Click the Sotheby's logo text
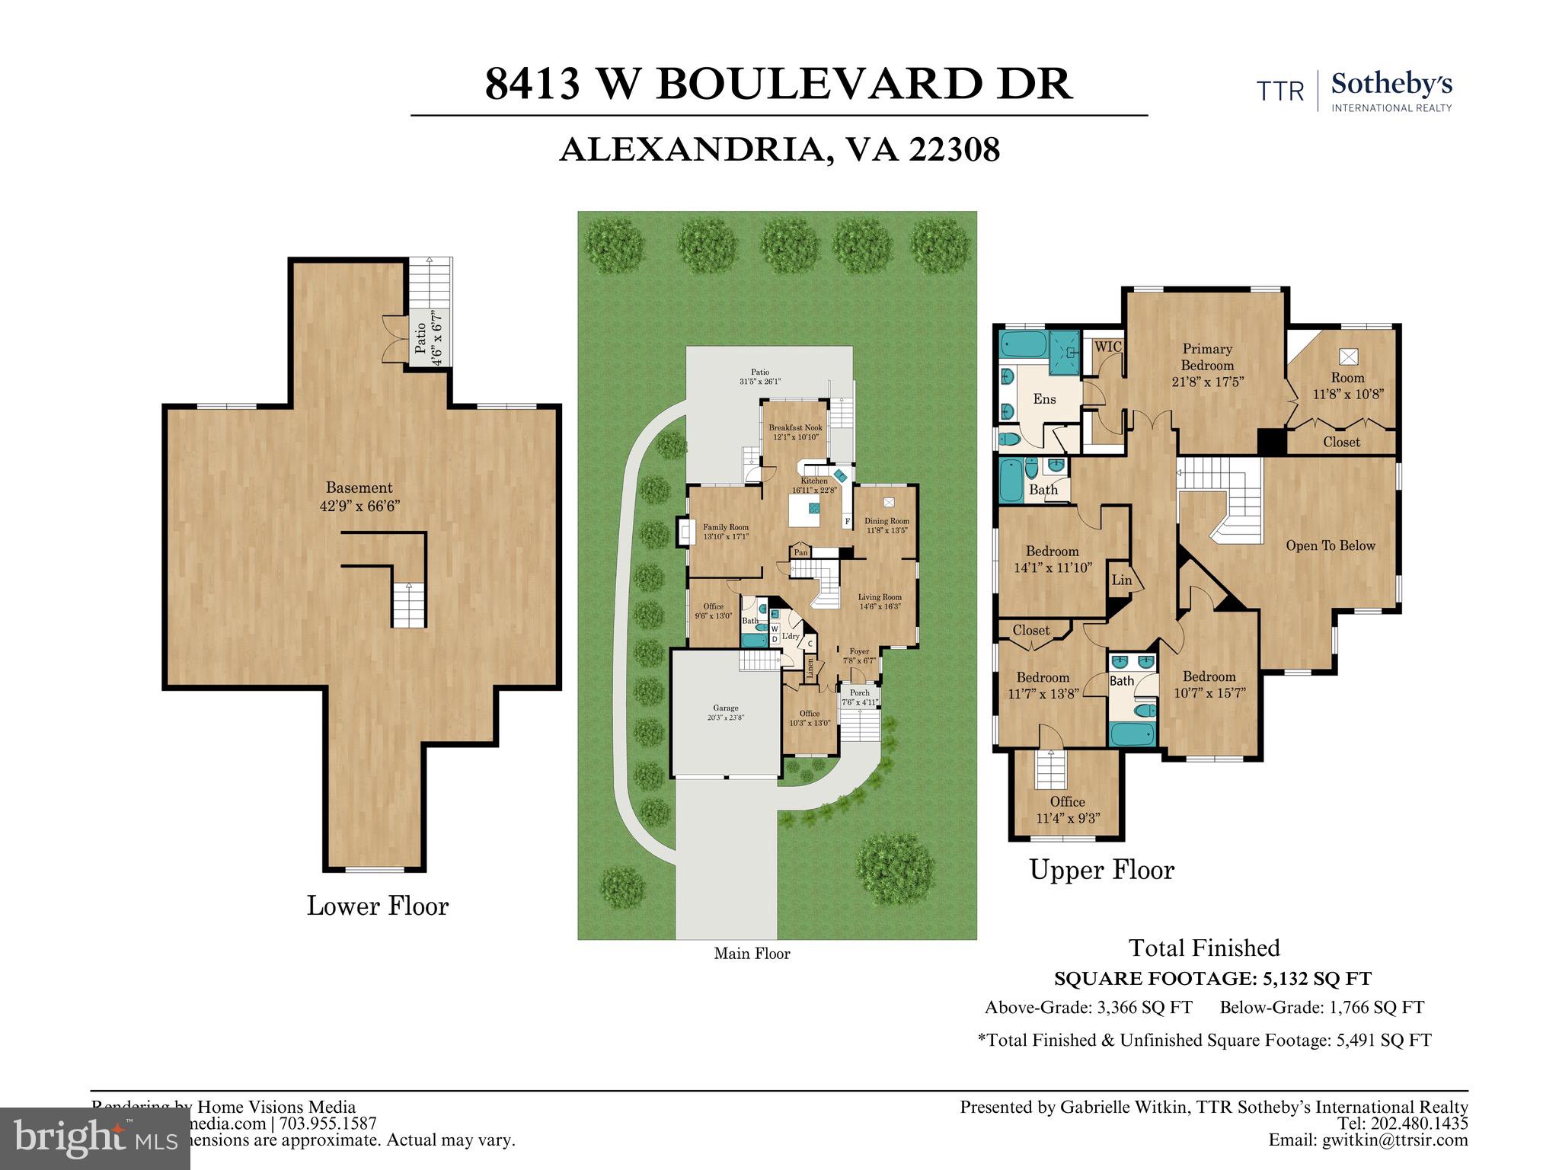[x=1391, y=85]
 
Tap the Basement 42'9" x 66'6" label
[x=359, y=497]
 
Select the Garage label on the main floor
[x=725, y=712]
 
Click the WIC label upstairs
[x=1108, y=347]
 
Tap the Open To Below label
[x=1330, y=545]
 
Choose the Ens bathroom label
[x=1044, y=398]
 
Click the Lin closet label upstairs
[x=1121, y=580]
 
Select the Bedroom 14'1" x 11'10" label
[x=1053, y=559]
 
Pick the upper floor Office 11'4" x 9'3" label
[x=1068, y=810]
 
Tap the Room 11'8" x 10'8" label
[x=1347, y=385]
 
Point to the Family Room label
[x=725, y=531]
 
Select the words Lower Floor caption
[x=378, y=906]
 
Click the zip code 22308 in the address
[x=954, y=150]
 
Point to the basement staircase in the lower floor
[x=409, y=606]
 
